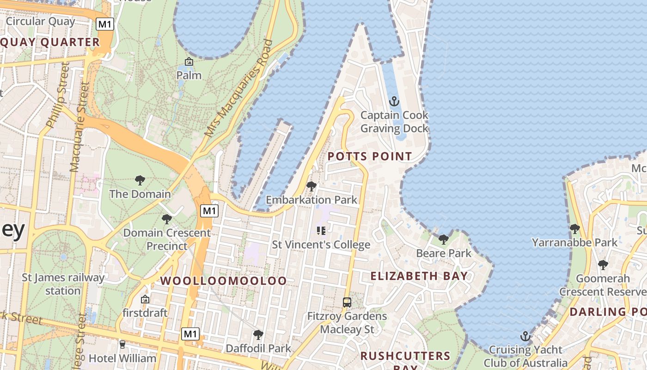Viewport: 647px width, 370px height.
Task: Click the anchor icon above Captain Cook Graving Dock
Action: coord(394,101)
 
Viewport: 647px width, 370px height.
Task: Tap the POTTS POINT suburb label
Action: coord(370,156)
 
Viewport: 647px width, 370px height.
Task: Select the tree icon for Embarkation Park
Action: coord(311,186)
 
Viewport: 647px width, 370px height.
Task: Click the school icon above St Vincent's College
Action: coord(321,230)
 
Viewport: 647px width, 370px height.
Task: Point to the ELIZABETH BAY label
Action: coord(419,276)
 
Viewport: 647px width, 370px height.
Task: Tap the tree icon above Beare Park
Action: coord(444,239)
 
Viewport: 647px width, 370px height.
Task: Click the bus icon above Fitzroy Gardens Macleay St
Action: coord(347,302)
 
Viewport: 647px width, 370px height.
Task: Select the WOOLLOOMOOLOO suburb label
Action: coord(223,281)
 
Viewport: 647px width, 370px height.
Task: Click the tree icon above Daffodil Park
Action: coord(258,334)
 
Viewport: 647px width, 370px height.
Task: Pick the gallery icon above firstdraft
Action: coord(145,299)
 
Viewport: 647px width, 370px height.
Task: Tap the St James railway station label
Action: coord(63,284)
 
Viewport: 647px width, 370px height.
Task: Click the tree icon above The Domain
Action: coord(140,180)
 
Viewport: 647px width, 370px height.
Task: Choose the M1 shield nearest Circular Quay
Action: coord(105,24)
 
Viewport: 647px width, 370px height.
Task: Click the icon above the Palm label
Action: coord(189,62)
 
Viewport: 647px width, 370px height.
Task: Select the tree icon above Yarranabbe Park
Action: coord(574,228)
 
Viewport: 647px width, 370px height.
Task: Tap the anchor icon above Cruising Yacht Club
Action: coord(525,336)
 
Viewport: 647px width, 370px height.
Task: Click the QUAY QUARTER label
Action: coord(50,43)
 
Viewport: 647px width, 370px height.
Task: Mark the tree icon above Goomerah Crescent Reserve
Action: coord(603,265)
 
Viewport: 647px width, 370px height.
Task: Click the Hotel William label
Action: coord(122,358)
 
